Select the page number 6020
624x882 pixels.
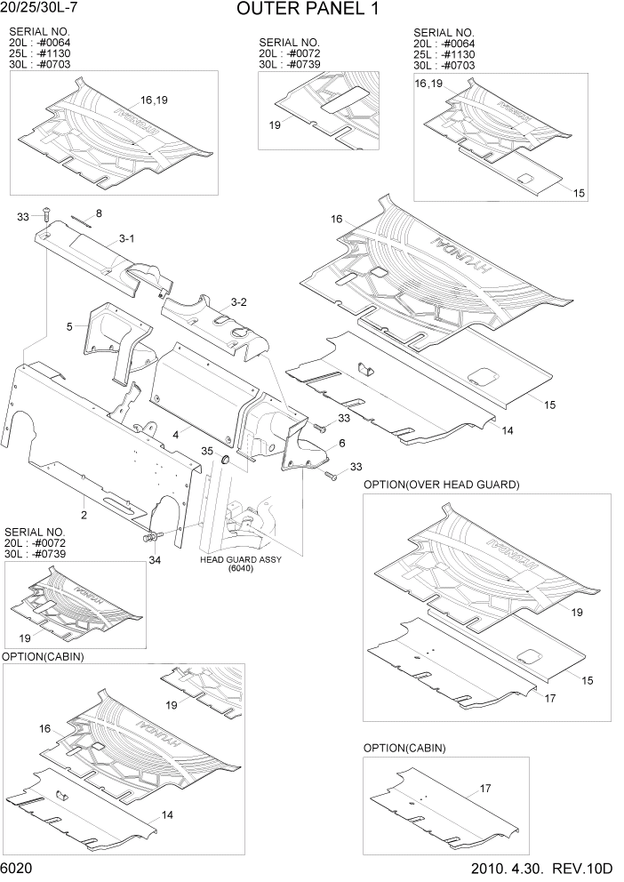pos(18,868)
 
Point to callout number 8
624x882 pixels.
pos(99,213)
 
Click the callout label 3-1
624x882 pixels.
pos(126,238)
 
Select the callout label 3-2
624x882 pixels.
pos(238,302)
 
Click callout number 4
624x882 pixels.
pos(177,434)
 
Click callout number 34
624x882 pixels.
pos(154,559)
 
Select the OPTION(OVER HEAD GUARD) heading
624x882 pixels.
pos(441,485)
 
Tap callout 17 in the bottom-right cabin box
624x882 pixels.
pos(485,788)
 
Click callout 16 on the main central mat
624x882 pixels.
pos(337,219)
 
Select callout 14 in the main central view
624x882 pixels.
pos(507,430)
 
